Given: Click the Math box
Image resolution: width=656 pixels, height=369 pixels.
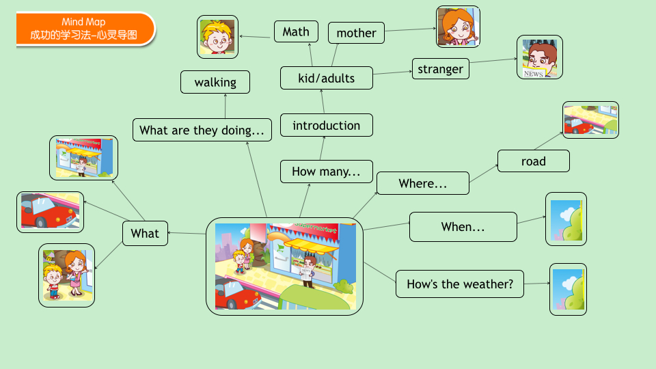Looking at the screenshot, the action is point(296,31).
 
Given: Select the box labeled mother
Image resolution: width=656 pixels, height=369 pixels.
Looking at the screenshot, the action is point(356,33).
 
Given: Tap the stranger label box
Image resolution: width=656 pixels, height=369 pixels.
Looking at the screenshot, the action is point(441,68).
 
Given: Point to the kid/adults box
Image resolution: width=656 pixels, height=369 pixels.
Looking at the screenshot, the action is point(327,78).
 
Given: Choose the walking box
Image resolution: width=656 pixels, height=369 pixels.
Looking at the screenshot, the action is point(215,82).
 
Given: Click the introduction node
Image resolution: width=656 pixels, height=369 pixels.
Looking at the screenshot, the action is point(327,125).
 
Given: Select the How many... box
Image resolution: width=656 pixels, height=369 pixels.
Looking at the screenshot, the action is point(327,172).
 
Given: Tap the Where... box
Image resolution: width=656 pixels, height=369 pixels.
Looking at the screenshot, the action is point(422,183).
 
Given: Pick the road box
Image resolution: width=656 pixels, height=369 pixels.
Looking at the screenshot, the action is point(534,161).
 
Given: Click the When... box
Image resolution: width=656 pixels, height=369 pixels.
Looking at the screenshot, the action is point(463,227).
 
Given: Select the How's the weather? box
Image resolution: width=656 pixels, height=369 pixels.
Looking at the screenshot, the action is point(460,284).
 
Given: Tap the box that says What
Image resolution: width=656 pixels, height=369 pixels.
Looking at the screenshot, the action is point(145,233).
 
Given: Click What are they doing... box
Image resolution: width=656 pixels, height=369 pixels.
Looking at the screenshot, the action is point(202,130).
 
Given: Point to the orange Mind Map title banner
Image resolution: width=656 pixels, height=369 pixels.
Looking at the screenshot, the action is point(85,29).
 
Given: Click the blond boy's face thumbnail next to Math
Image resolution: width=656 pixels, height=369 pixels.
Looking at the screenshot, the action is point(217,37).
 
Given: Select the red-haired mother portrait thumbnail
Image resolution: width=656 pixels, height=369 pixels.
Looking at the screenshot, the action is point(458,27).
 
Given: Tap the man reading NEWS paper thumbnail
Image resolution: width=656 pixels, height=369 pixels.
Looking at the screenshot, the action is point(540,57).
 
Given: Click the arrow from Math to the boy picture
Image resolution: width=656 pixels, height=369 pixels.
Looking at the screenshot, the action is point(255,37).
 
